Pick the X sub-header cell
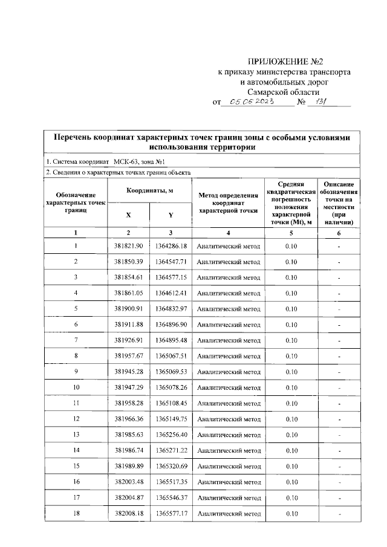pyautogui.click(x=128, y=215)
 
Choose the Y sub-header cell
pyautogui.click(x=171, y=215)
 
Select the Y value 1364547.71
pyautogui.click(x=171, y=262)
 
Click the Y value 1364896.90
pyautogui.click(x=171, y=325)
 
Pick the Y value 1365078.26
pyautogui.click(x=171, y=387)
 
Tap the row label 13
pyautogui.click(x=76, y=435)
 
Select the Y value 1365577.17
pyautogui.click(x=171, y=513)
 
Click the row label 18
pyautogui.click(x=76, y=513)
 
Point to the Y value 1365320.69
pyautogui.click(x=171, y=466)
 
